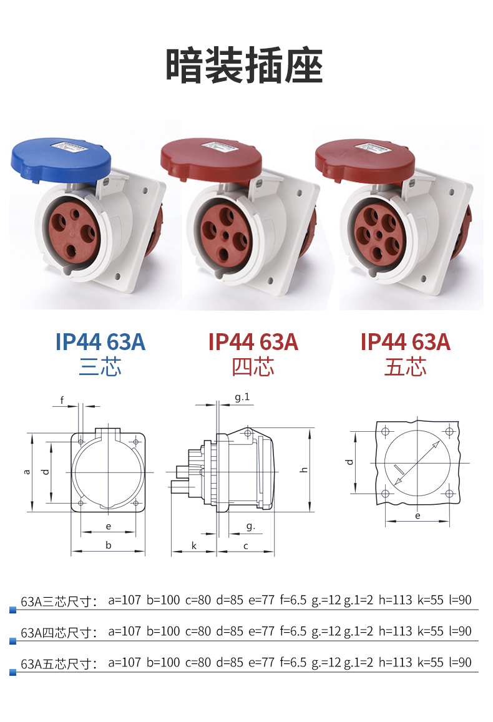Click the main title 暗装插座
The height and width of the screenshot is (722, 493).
click(245, 66)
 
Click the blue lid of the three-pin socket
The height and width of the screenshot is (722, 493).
click(61, 159)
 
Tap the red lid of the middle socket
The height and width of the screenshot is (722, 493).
click(211, 159)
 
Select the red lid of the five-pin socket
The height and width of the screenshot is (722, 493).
click(365, 159)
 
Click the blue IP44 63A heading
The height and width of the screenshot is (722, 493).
click(100, 342)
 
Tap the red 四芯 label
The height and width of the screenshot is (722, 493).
click(253, 367)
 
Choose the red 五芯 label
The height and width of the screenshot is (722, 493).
click(406, 367)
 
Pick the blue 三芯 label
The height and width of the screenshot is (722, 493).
click(100, 367)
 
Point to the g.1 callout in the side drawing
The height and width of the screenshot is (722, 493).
click(242, 397)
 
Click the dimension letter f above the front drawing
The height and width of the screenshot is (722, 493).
click(62, 399)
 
